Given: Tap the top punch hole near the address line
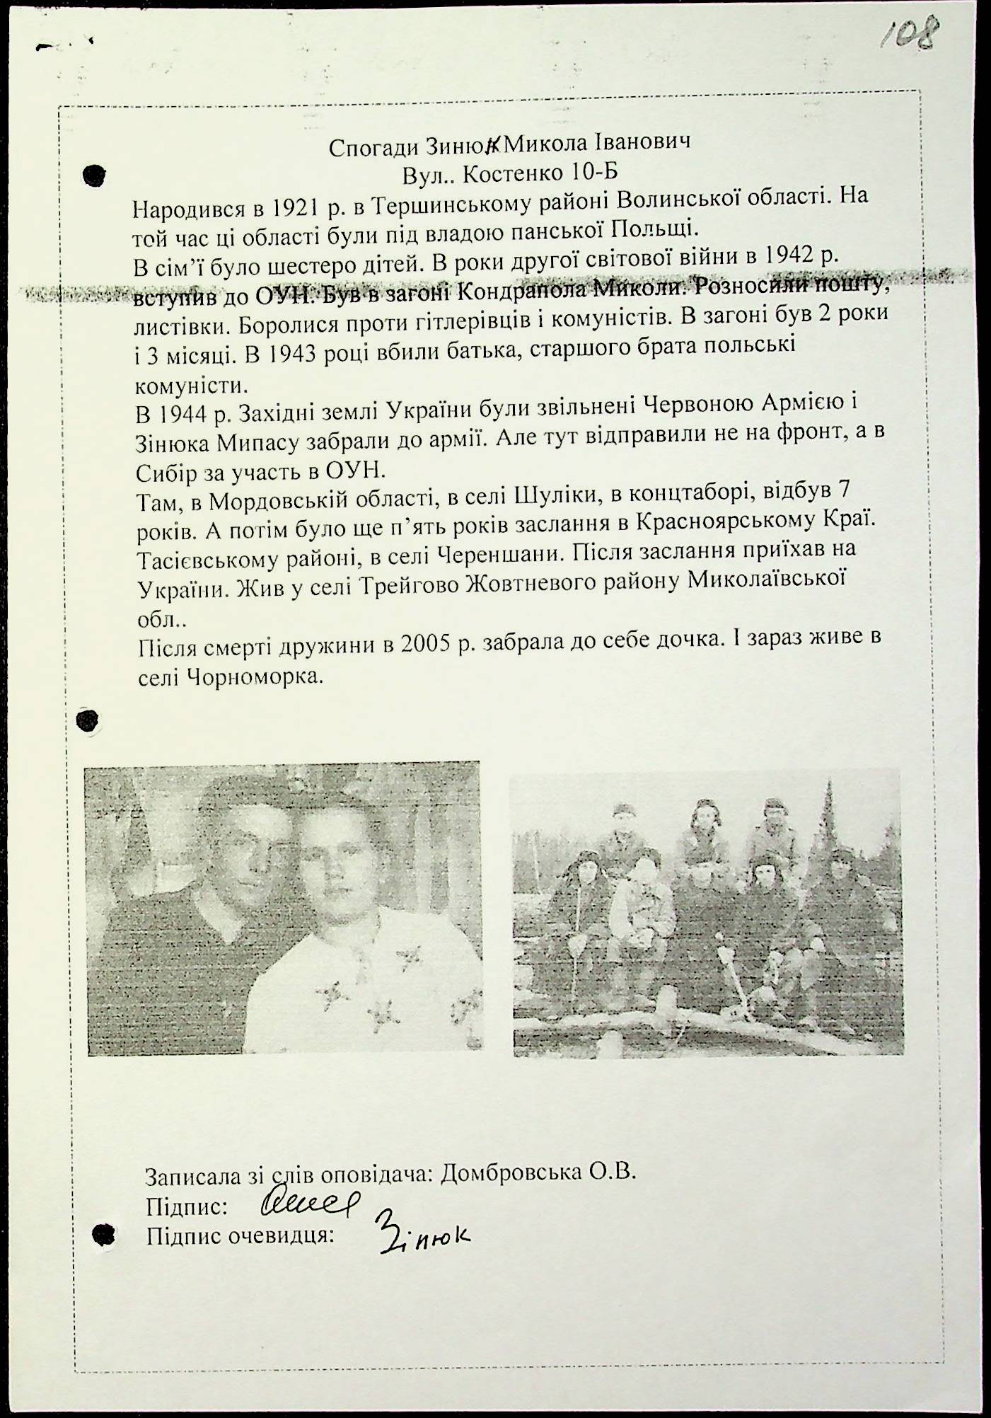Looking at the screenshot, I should pyautogui.click(x=94, y=174).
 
